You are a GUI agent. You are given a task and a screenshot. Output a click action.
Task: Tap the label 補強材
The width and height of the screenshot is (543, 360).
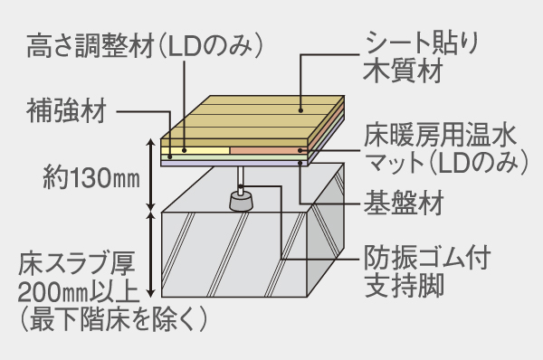coord(67,112)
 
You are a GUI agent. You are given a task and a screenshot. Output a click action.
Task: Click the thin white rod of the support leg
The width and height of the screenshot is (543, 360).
coord(241,175)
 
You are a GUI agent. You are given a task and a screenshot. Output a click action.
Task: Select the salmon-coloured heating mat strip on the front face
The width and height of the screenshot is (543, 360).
coord(268,148)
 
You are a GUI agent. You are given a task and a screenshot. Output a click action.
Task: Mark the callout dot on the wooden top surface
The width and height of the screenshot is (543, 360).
coord(300,112)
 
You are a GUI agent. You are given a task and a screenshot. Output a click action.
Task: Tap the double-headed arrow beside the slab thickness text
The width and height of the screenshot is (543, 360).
coord(150,254)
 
